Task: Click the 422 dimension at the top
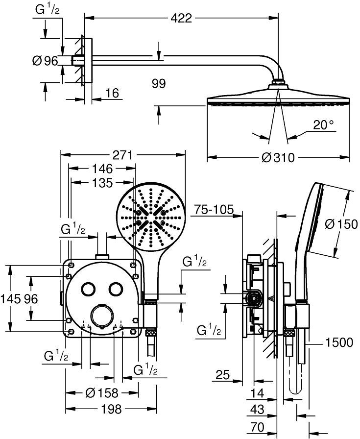(x=181, y=19)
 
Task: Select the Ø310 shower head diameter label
(x=278, y=157)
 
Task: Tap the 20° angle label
(x=324, y=124)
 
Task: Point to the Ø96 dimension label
(x=45, y=61)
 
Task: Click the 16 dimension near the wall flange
(x=113, y=93)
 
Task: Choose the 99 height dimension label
(x=159, y=83)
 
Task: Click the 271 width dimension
(x=123, y=155)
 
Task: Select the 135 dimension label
(x=102, y=183)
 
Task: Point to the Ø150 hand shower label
(x=341, y=224)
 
